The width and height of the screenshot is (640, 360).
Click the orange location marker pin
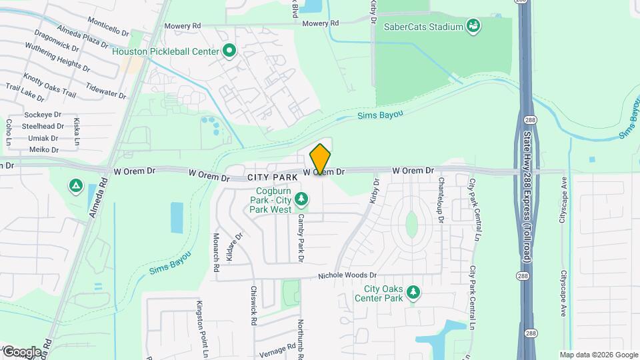point(321,160)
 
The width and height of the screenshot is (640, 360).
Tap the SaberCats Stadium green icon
point(474,27)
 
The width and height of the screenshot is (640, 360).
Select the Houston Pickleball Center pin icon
point(229,51)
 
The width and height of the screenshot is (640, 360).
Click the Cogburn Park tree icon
point(302,199)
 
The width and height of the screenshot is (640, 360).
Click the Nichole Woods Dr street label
point(347,275)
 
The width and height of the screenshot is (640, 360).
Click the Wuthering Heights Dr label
point(57,57)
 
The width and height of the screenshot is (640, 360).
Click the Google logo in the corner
point(21,352)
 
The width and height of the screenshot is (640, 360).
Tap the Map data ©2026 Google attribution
point(598,355)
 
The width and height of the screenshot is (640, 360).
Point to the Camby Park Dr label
point(301,237)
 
